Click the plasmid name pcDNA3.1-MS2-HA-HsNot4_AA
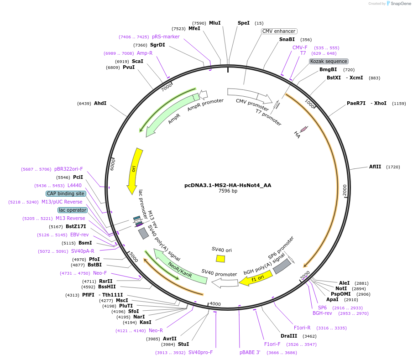228,185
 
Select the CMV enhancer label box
279,31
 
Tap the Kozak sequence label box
329,61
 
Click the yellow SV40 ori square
220,259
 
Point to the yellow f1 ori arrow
256,278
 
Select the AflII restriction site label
375,167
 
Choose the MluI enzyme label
214,23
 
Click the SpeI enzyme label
244,23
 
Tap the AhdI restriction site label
100,104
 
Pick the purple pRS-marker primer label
166,37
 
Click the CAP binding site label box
66,193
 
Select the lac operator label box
72,210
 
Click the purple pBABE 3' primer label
250,352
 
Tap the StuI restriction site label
183,344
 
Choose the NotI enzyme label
341,288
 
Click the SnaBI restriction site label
287,39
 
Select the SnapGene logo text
399,4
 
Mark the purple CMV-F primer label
300,47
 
